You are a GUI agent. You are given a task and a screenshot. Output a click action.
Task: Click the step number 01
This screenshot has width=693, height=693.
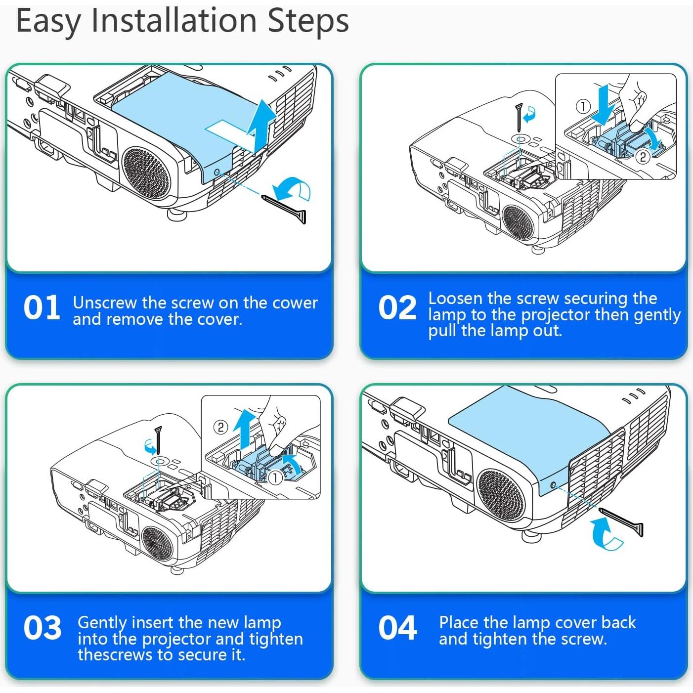pos(42,307)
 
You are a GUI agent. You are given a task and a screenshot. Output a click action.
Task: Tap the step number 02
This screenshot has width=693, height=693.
pos(397,307)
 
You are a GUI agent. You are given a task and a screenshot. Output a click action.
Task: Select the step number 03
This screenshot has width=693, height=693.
pos(43,628)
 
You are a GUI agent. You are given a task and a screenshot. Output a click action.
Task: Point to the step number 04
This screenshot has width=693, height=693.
pos(398,628)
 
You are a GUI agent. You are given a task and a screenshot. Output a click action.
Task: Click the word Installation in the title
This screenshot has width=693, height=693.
pos(174,21)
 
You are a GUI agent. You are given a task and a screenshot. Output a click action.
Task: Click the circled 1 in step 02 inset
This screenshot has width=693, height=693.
pos(583,106)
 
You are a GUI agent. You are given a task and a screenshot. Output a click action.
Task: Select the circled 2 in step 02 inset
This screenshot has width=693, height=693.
pos(643,157)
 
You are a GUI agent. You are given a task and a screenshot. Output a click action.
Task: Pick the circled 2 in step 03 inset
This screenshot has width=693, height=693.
pos(220,427)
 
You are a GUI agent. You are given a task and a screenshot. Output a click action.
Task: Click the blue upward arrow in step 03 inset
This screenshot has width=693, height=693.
pos(245,429)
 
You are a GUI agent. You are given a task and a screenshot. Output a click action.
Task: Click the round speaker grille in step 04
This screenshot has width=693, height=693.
pos(501,496)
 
